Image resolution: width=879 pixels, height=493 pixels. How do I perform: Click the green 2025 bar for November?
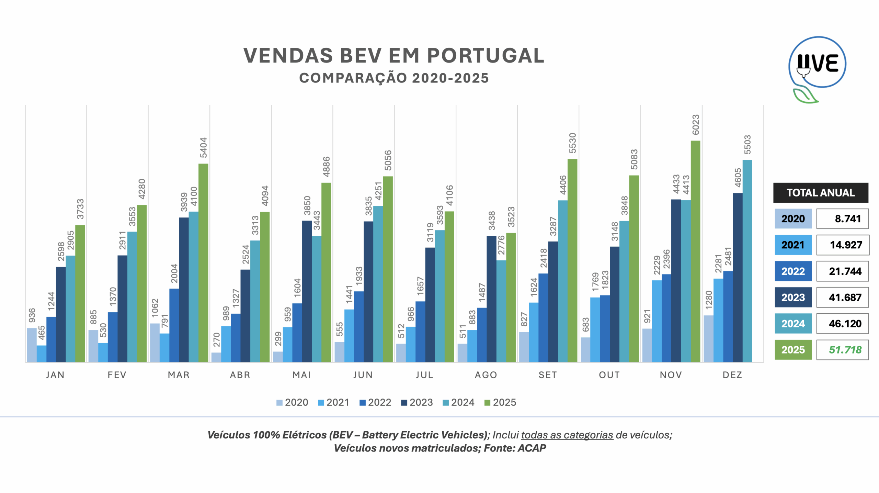tap(695, 251)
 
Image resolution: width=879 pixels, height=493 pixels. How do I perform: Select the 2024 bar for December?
tap(747, 261)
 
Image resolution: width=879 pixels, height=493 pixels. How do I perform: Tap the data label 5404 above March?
tap(204, 148)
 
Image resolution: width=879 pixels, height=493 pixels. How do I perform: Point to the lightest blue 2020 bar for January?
tap(32, 345)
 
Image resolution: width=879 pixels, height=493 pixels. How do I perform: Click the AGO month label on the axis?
tap(486, 375)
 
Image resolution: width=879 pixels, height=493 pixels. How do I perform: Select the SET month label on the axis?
tap(548, 375)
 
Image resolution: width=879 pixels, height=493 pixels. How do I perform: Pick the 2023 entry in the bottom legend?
tap(417, 402)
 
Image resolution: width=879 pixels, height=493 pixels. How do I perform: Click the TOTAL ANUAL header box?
tap(821, 193)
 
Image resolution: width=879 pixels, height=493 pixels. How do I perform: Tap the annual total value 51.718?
tap(845, 350)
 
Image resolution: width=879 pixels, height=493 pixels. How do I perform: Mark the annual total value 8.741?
tap(847, 219)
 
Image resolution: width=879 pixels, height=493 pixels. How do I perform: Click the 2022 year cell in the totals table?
tap(793, 271)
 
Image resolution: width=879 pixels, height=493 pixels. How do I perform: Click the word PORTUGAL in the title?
tap(486, 56)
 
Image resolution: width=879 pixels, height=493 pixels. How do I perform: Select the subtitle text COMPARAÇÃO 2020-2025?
tap(394, 78)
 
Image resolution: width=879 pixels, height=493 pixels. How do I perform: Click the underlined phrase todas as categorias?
tap(567, 435)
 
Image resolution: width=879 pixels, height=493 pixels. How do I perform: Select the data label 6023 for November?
tap(696, 125)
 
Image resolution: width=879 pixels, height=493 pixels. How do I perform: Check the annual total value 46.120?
tap(845, 324)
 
